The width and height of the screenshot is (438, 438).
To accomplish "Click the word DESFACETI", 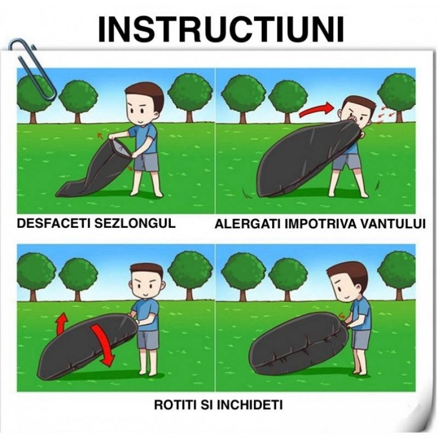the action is [x=54, y=223].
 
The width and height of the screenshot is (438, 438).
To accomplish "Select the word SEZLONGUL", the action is [x=135, y=223].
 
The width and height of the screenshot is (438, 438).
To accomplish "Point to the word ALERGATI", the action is [x=247, y=224].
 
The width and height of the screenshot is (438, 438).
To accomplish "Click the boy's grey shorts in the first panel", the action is [x=146, y=162].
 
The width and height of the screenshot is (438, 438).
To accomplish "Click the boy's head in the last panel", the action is [x=347, y=284].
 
